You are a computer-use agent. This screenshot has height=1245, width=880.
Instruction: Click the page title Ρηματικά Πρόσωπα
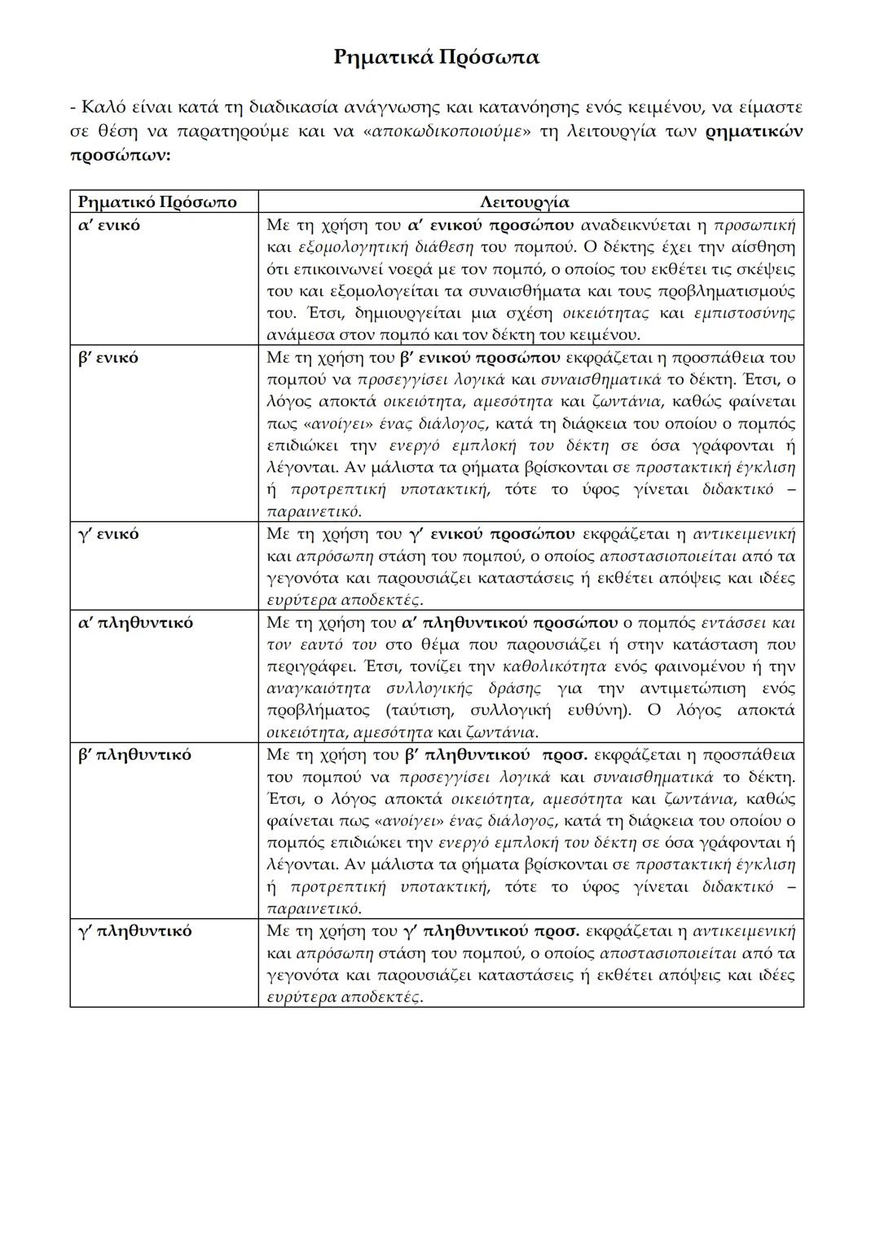coord(437,58)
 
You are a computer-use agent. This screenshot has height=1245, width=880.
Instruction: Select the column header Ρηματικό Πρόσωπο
coord(157,201)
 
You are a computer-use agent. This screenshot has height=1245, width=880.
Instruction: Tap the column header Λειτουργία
coord(525,201)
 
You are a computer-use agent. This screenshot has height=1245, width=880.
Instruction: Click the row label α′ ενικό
coord(109,224)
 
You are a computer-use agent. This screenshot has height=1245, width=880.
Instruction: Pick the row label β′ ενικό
coord(108,357)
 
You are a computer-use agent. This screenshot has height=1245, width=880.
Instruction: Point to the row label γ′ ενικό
coord(108,534)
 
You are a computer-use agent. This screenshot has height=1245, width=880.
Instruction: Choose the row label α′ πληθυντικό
coord(136,622)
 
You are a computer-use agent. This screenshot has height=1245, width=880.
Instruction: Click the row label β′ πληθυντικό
coord(135,754)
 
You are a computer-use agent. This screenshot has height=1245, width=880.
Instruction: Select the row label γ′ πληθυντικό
coord(135,930)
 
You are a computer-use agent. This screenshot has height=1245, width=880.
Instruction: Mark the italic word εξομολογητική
coord(317,247)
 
